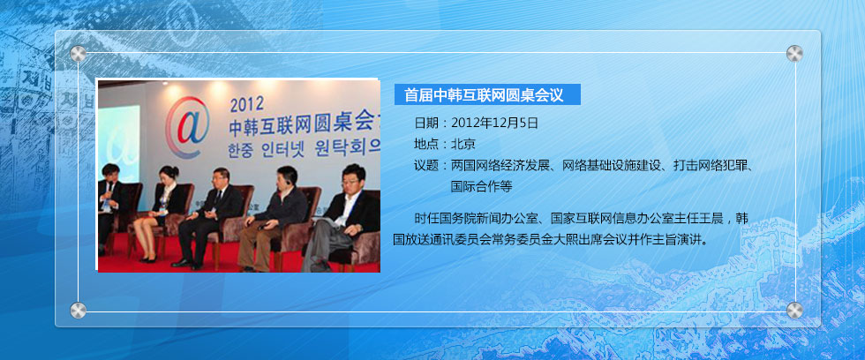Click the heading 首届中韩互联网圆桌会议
tap(484, 94)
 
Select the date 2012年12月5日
tap(494, 123)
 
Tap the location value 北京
tap(463, 145)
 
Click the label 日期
tap(426, 123)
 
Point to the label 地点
tap(426, 145)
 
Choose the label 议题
tap(426, 165)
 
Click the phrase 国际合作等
tap(482, 187)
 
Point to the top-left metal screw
tap(78, 54)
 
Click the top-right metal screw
tap(794, 54)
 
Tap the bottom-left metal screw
tap(78, 311)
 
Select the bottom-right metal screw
tap(794, 311)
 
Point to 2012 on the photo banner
tap(246, 104)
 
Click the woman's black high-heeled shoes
tap(148, 259)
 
